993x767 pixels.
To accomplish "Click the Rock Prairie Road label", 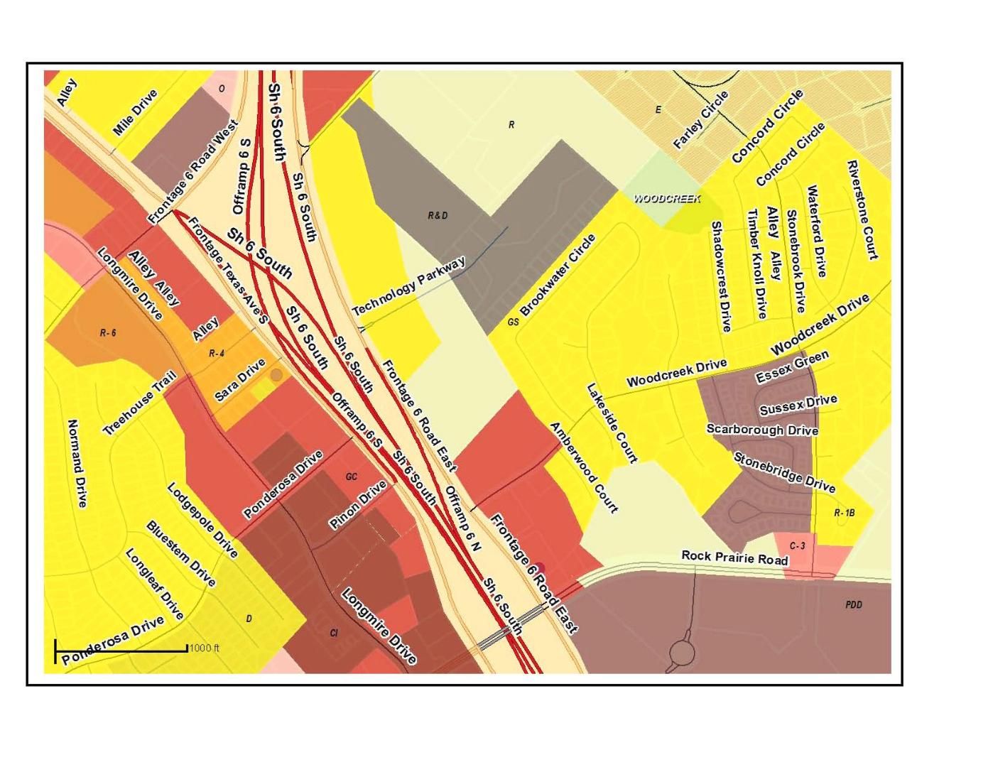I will click(734, 558).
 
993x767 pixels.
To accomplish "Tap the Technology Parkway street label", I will click(409, 287).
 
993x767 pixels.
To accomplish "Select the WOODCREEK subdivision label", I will click(667, 199).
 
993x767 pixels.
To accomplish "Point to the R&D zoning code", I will click(438, 215).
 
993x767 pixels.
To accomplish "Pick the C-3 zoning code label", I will click(797, 545).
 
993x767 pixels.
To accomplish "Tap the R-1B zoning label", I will click(844, 513).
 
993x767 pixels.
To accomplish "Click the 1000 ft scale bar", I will click(121, 649).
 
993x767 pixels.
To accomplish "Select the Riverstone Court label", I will click(862, 210).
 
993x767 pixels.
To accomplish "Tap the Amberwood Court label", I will click(584, 467).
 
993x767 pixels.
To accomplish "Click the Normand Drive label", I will click(77, 463).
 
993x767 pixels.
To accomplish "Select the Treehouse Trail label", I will click(139, 406).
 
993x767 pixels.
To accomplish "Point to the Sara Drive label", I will click(240, 381).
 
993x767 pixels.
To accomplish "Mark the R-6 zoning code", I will click(108, 332).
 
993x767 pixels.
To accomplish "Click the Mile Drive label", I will click(135, 112).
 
